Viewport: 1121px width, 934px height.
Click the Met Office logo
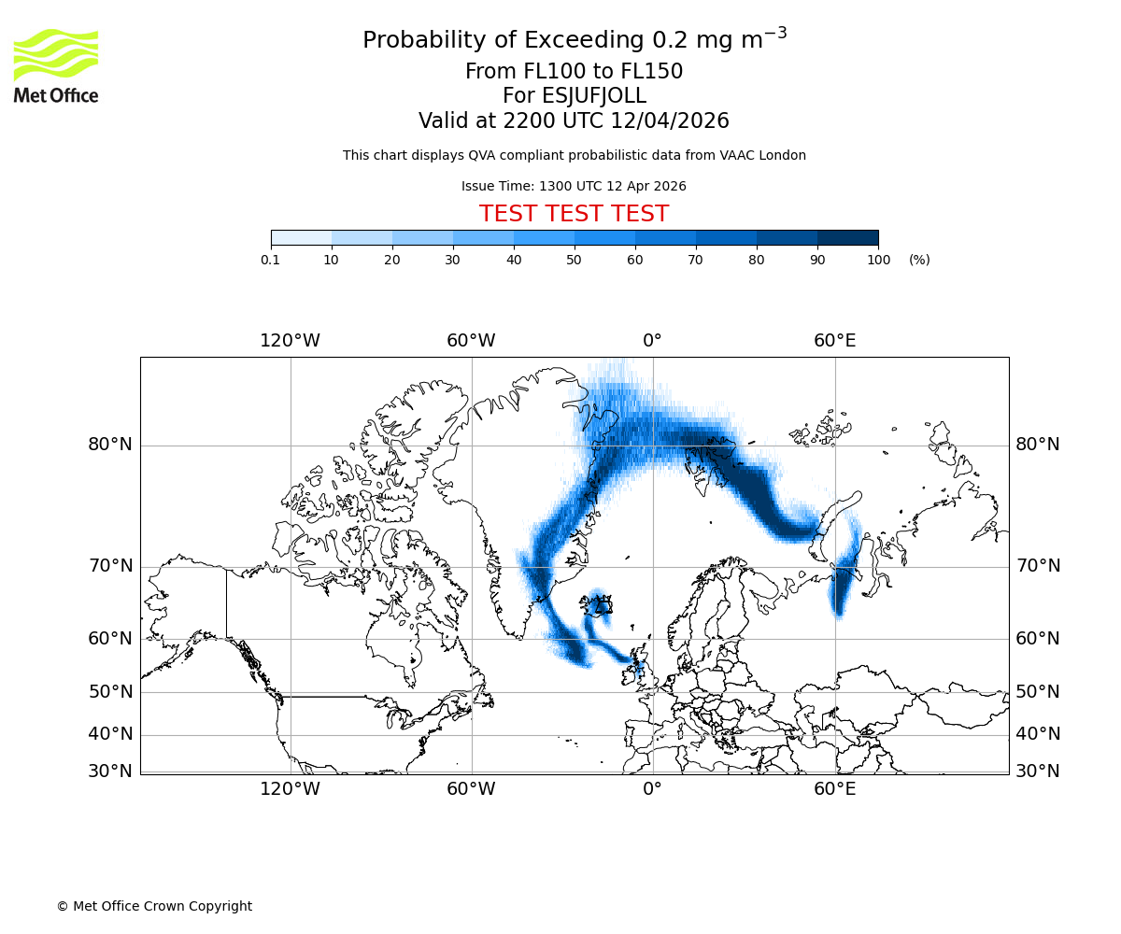tap(56, 65)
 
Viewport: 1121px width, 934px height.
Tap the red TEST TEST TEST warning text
tap(574, 214)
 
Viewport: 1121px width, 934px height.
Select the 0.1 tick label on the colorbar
tap(270, 260)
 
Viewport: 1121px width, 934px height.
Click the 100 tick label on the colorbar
tap(878, 260)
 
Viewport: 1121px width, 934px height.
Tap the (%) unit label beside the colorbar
tap(919, 260)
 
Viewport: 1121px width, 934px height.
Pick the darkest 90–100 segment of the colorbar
tap(848, 237)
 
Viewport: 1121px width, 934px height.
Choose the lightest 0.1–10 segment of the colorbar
tap(301, 237)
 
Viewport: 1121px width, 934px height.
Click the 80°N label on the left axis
tap(110, 445)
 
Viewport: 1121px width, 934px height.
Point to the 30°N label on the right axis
tap(1038, 771)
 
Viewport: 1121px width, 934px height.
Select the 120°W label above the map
tap(290, 341)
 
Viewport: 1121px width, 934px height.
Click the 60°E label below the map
tap(834, 789)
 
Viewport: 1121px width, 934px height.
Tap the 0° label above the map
tap(652, 341)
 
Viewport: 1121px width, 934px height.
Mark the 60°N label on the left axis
tap(110, 639)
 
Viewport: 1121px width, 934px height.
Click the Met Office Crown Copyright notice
tap(154, 906)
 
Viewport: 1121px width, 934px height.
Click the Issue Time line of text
tap(574, 186)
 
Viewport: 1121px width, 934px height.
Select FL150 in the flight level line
tap(652, 72)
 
